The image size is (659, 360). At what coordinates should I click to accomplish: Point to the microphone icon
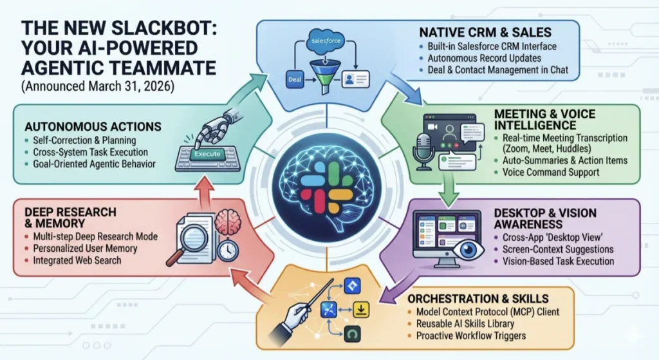coord(422,149)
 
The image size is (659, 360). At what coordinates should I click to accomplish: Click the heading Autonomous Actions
coord(92,127)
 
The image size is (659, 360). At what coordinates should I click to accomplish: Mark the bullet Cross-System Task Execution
coord(89,153)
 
